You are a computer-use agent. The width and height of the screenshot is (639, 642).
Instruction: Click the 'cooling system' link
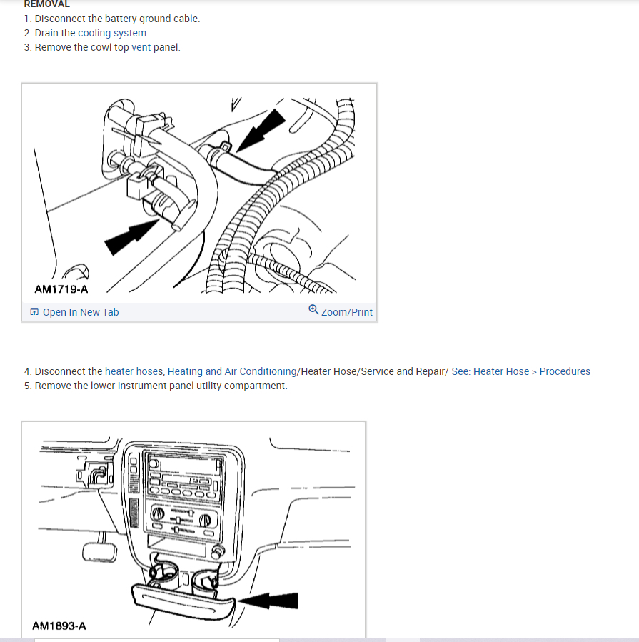click(113, 33)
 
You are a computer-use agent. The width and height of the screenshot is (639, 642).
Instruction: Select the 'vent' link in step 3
click(141, 47)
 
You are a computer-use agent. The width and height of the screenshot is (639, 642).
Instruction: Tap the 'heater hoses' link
click(134, 371)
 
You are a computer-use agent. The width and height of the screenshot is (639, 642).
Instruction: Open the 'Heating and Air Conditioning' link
click(232, 371)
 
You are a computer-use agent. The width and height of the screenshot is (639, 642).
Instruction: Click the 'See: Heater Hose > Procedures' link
click(520, 371)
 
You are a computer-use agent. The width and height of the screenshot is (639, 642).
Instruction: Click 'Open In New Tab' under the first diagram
click(81, 312)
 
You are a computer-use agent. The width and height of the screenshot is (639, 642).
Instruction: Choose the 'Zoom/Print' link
click(347, 312)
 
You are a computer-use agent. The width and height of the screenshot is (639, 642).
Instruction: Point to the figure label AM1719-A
click(61, 289)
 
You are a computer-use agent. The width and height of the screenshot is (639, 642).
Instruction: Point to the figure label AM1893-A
click(59, 626)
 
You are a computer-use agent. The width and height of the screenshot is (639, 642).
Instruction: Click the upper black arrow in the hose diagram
click(261, 129)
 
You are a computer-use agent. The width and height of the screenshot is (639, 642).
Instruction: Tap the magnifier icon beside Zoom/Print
click(313, 309)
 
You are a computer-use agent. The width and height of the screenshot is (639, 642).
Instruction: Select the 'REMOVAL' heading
click(46, 4)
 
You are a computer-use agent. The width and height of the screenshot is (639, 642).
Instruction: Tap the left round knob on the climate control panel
click(158, 513)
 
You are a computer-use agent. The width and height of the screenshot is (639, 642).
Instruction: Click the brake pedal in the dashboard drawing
click(99, 552)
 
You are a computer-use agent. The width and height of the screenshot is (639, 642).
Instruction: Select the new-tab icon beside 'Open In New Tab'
click(34, 311)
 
